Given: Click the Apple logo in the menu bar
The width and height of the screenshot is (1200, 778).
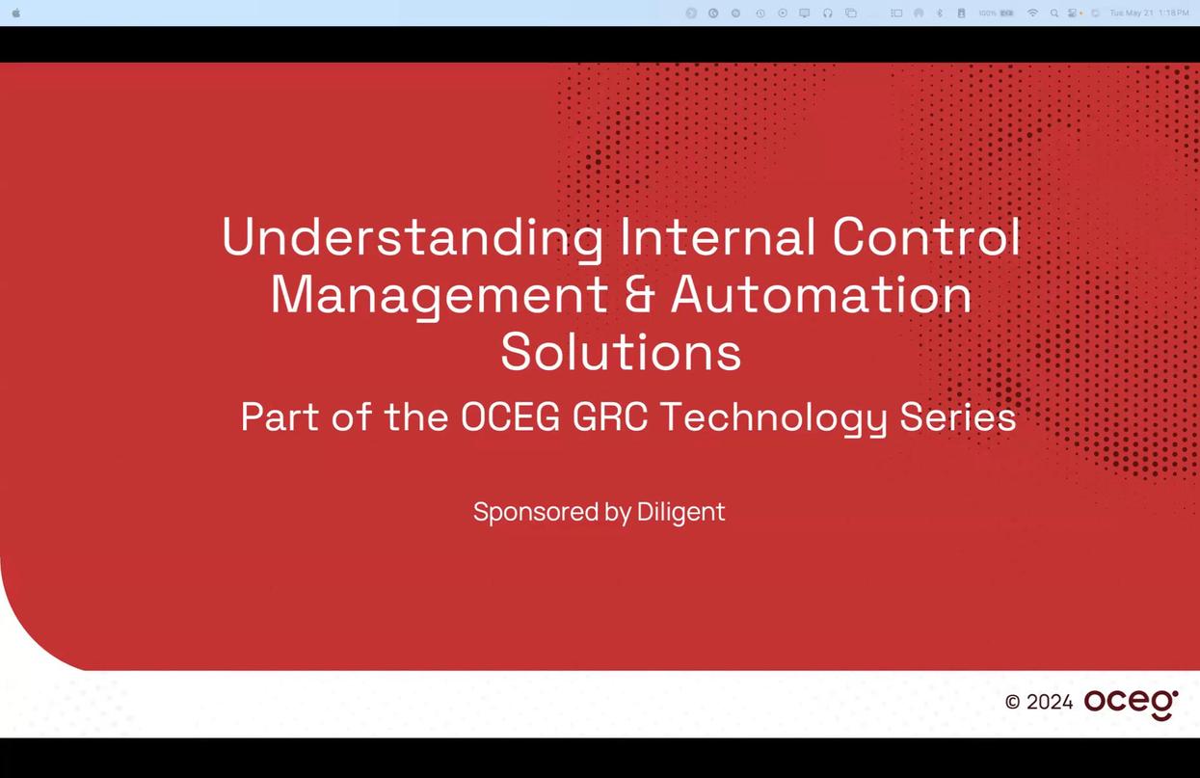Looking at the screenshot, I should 15,13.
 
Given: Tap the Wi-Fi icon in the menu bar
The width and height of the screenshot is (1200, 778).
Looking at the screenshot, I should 1032,13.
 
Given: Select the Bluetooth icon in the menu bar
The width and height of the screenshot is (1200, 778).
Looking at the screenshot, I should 940,13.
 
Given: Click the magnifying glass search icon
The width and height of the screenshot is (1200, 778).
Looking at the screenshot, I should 1053,13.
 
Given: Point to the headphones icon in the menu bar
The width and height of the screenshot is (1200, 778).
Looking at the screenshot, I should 827,13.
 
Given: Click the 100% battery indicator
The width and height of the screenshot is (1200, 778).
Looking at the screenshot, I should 996,13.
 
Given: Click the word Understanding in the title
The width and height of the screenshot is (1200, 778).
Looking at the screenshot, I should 413,236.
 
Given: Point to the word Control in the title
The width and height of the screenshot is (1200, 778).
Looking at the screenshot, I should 925,236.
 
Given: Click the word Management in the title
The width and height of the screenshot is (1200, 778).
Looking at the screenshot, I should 439,295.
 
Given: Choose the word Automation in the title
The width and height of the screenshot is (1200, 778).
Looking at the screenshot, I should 821,295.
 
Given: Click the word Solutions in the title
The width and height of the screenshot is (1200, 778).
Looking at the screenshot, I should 621,352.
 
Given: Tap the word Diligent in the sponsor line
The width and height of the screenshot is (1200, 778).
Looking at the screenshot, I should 680,512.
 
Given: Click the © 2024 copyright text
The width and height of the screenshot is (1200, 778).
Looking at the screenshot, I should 1038,702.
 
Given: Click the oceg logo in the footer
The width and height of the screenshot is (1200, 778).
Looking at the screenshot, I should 1131,703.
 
